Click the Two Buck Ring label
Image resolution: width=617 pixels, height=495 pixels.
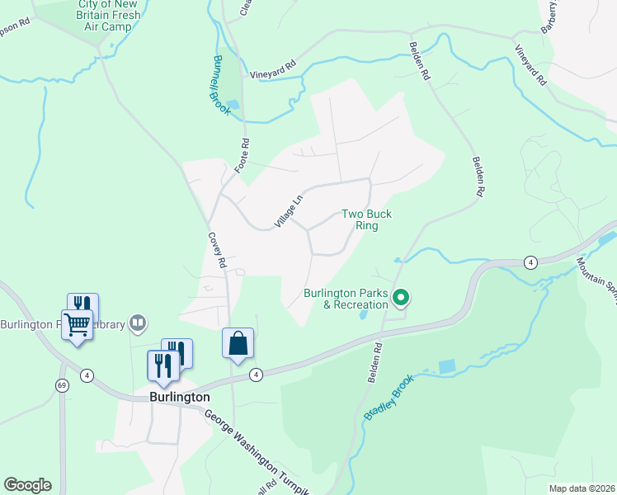[x=366, y=219]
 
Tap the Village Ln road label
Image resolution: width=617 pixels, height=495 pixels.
[x=290, y=209]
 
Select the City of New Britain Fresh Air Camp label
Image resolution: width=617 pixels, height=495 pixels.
[x=109, y=16]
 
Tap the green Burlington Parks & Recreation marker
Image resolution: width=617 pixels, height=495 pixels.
[x=402, y=297]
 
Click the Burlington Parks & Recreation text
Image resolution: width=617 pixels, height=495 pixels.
[x=346, y=299]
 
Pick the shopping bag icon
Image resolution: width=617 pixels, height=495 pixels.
[x=238, y=343]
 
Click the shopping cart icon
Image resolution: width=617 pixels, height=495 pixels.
[x=77, y=325]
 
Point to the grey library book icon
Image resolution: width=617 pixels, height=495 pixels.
[x=138, y=323]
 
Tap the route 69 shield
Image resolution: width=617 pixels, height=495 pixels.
[x=62, y=385]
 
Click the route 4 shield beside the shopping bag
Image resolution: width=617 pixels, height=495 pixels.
[x=257, y=375]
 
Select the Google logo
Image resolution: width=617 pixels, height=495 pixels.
[x=27, y=485]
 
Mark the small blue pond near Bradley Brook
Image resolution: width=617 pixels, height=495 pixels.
[x=446, y=365]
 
